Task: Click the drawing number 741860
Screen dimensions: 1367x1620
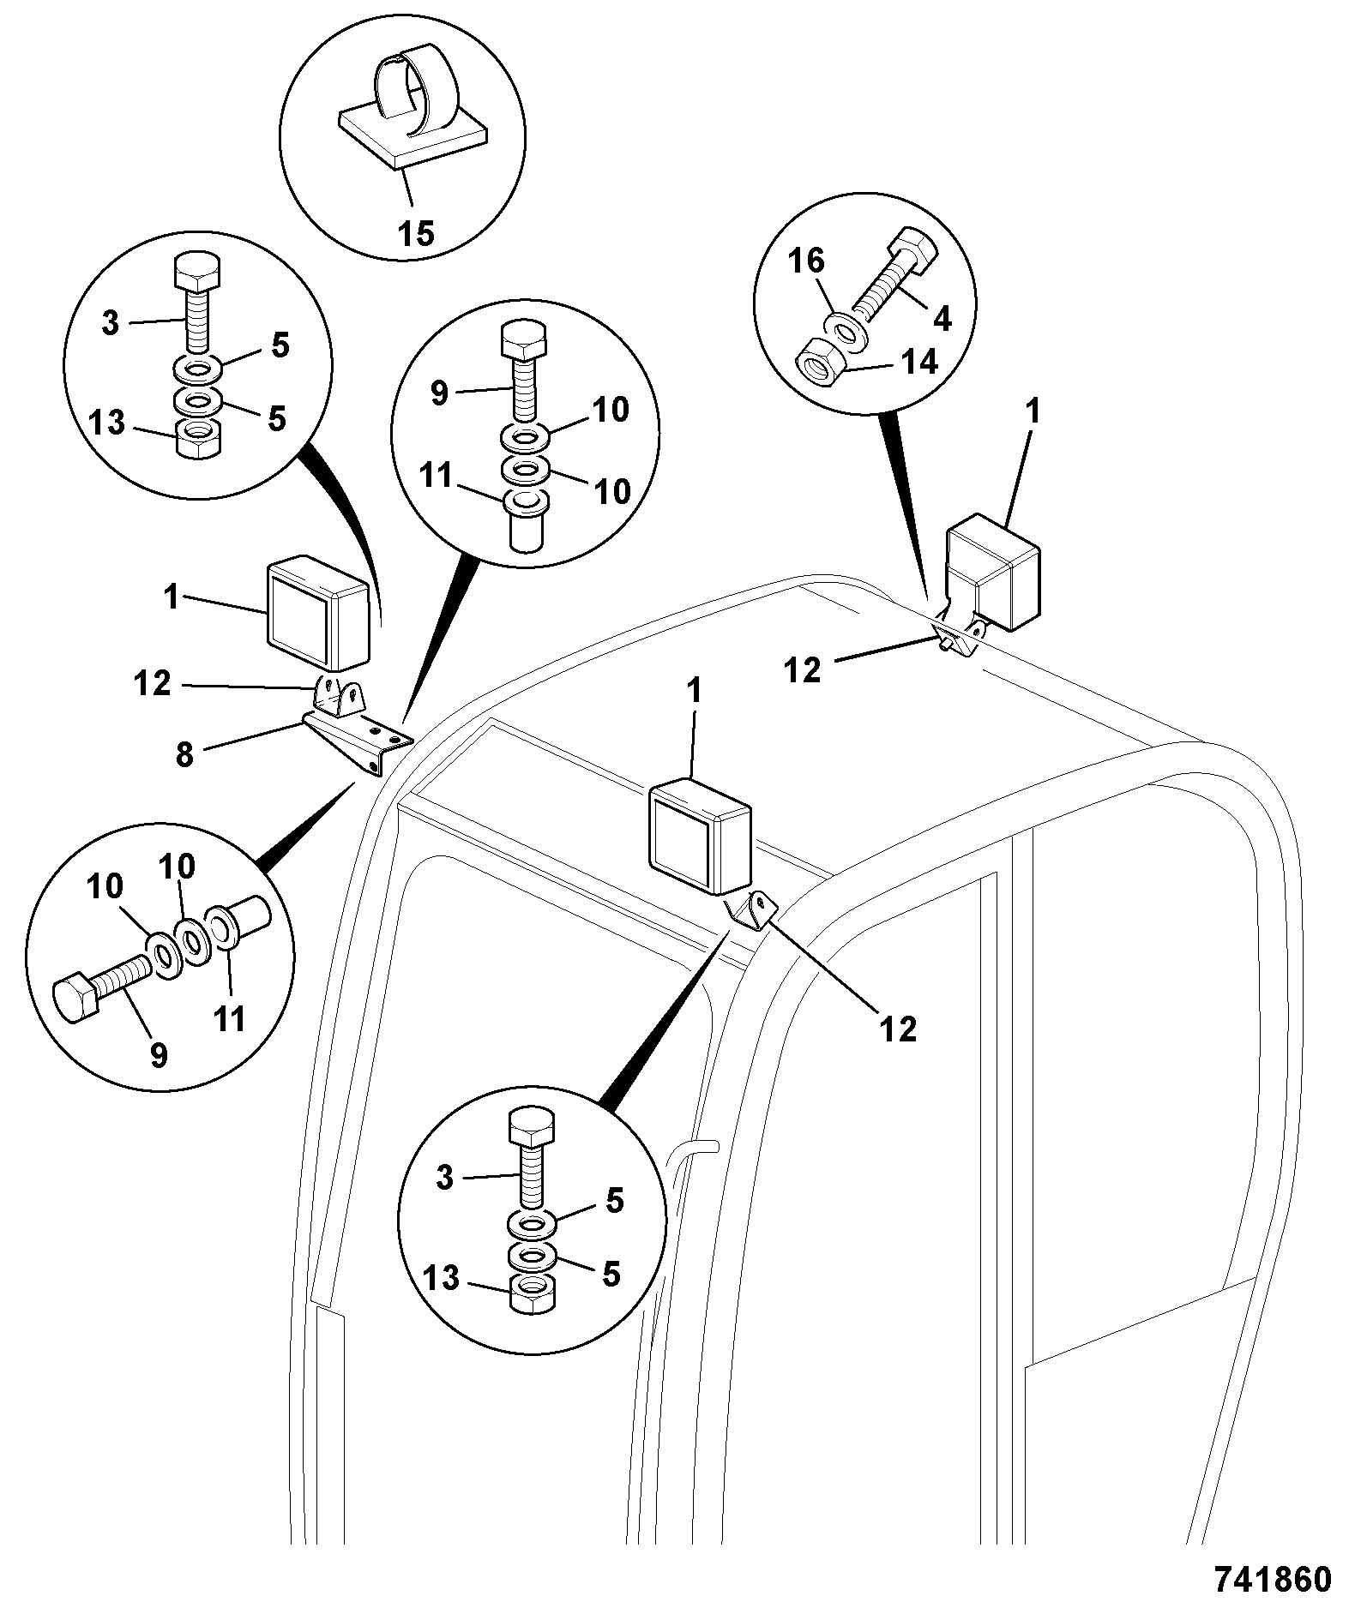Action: [1273, 1580]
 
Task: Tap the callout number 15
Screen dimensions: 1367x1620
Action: [417, 232]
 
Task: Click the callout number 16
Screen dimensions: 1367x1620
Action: [806, 261]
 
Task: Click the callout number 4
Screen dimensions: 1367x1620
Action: [942, 321]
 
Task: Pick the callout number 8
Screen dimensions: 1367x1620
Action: [184, 756]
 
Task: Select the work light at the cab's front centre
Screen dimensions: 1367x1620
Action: [701, 836]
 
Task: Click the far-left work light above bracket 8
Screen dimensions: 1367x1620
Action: [320, 612]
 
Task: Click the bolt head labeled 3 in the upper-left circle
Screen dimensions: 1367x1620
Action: [197, 273]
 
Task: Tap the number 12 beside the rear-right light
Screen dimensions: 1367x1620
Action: [803, 669]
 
